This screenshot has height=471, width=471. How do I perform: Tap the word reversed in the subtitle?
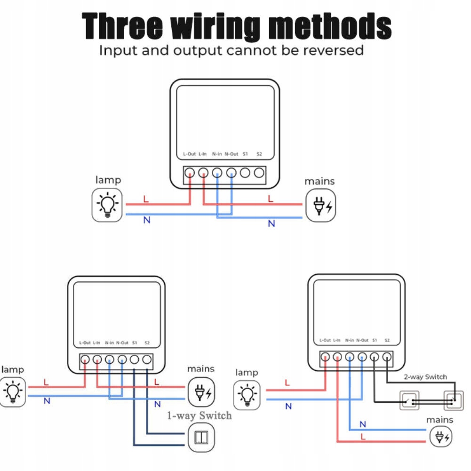(334, 50)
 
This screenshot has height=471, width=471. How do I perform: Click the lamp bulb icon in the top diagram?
(107, 205)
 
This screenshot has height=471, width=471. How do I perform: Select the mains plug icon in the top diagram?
(321, 206)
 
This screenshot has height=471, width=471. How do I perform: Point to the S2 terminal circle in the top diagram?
(259, 173)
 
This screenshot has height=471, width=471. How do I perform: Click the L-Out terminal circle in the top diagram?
(190, 173)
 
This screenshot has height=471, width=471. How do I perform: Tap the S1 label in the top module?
(245, 154)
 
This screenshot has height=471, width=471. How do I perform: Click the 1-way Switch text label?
(200, 415)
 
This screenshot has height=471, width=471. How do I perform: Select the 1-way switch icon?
(201, 437)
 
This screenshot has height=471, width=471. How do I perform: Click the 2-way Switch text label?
(425, 377)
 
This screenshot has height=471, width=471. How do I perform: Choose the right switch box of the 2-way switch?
(454, 401)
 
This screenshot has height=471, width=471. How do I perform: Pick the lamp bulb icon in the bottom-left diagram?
(12, 391)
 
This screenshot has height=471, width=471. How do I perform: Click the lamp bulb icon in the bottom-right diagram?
(247, 394)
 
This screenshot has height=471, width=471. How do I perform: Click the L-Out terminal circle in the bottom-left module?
(85, 360)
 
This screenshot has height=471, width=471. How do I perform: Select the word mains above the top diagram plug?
(319, 181)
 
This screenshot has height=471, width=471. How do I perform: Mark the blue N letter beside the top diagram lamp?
(147, 220)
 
